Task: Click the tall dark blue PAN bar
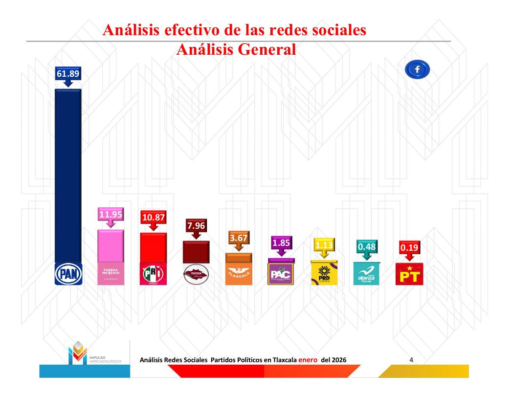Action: click(68, 176)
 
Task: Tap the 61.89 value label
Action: click(68, 74)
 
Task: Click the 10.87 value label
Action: click(154, 218)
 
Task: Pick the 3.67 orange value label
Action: click(239, 239)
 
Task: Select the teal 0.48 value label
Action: click(366, 247)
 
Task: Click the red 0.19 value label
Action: click(409, 248)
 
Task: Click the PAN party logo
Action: click(68, 274)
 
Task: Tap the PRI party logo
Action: click(154, 274)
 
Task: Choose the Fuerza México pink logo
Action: click(111, 274)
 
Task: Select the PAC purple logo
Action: click(281, 274)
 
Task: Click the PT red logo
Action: click(409, 275)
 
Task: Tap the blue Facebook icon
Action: click(417, 70)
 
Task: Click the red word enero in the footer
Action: click(308, 360)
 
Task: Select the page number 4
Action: click(411, 360)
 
